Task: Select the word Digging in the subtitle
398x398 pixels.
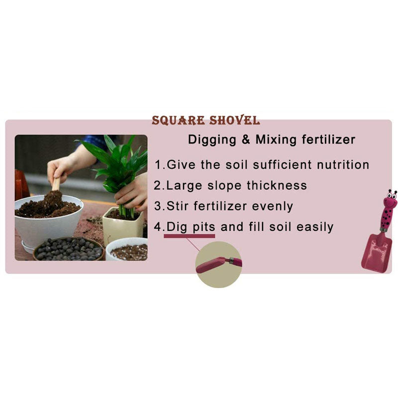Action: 211,140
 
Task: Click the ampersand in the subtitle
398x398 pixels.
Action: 245,140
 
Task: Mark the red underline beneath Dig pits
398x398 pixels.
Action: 190,235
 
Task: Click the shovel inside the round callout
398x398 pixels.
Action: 218,264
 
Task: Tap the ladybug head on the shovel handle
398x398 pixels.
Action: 389,201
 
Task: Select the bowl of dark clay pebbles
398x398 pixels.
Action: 69,248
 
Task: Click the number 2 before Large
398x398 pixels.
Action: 158,186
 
